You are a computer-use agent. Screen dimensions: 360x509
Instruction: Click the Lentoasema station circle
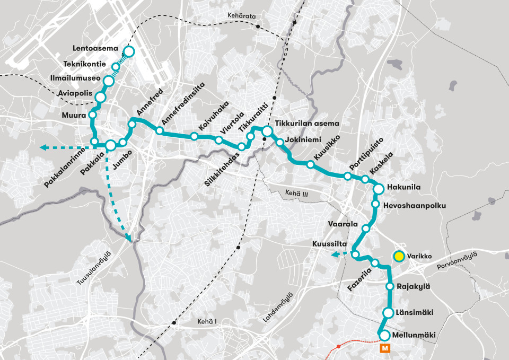128,51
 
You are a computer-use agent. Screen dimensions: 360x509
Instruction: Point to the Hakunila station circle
379,189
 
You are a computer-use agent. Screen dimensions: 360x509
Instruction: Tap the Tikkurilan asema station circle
267,131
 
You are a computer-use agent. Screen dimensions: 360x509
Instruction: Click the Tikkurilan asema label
306,124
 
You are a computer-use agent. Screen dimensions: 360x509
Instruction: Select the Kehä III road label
296,194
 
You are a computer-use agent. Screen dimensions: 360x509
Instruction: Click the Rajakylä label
413,286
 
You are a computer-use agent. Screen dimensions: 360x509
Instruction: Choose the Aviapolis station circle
100,96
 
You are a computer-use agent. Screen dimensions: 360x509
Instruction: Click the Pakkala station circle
111,145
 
